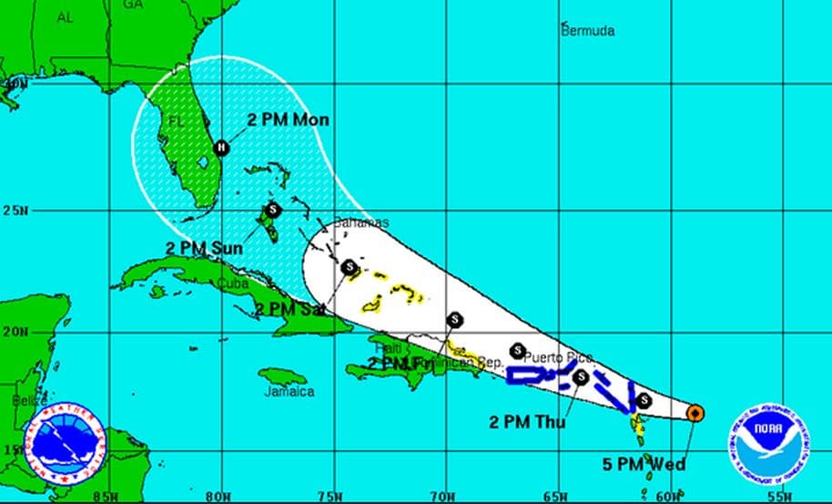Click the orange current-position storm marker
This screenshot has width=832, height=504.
(x=695, y=413)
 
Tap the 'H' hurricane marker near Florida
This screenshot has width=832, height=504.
(x=220, y=148)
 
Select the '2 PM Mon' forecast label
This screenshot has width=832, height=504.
(x=289, y=120)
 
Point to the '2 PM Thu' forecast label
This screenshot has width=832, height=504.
(x=527, y=421)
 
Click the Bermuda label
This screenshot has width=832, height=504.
(x=587, y=31)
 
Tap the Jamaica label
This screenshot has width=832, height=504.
(x=289, y=392)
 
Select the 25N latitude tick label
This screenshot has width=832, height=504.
(x=15, y=210)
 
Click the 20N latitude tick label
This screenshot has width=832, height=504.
(x=15, y=332)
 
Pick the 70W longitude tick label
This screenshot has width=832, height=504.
(x=444, y=497)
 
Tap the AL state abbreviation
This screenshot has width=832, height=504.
(x=65, y=17)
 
